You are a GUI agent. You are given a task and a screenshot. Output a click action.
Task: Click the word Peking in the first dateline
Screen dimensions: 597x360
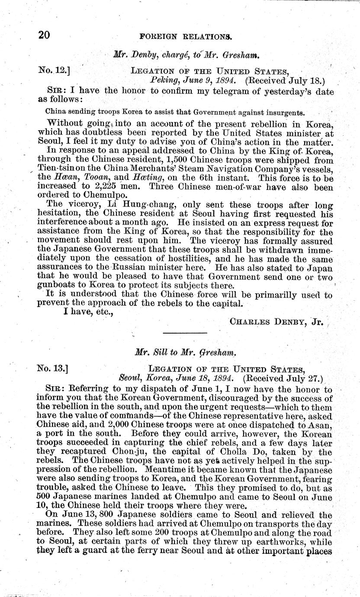pyautogui.click(x=163, y=80)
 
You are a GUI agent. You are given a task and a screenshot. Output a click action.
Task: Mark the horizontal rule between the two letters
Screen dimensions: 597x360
pyautogui.click(x=180, y=333)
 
